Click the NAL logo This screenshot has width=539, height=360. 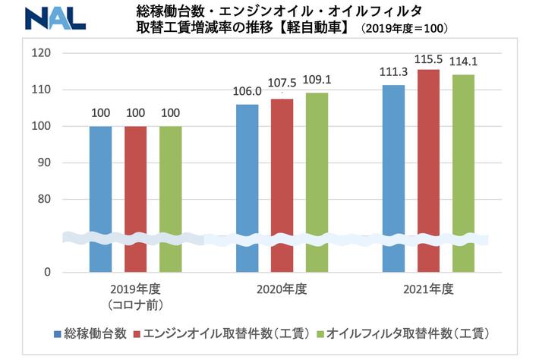(54, 18)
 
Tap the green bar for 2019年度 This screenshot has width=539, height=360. (171, 198)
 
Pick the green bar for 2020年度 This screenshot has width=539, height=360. (317, 182)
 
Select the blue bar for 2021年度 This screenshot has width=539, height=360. (393, 178)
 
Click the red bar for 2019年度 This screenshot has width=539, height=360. (136, 198)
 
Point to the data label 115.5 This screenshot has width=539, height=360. (428, 58)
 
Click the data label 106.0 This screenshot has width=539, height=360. (247, 93)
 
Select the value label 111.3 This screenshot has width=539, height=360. (393, 73)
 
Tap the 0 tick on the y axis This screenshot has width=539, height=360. (47, 272)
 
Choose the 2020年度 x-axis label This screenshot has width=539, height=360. (283, 289)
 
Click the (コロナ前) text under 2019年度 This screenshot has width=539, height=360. (136, 305)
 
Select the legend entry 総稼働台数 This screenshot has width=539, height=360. (96, 333)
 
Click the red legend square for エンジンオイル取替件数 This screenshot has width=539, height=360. (137, 333)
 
